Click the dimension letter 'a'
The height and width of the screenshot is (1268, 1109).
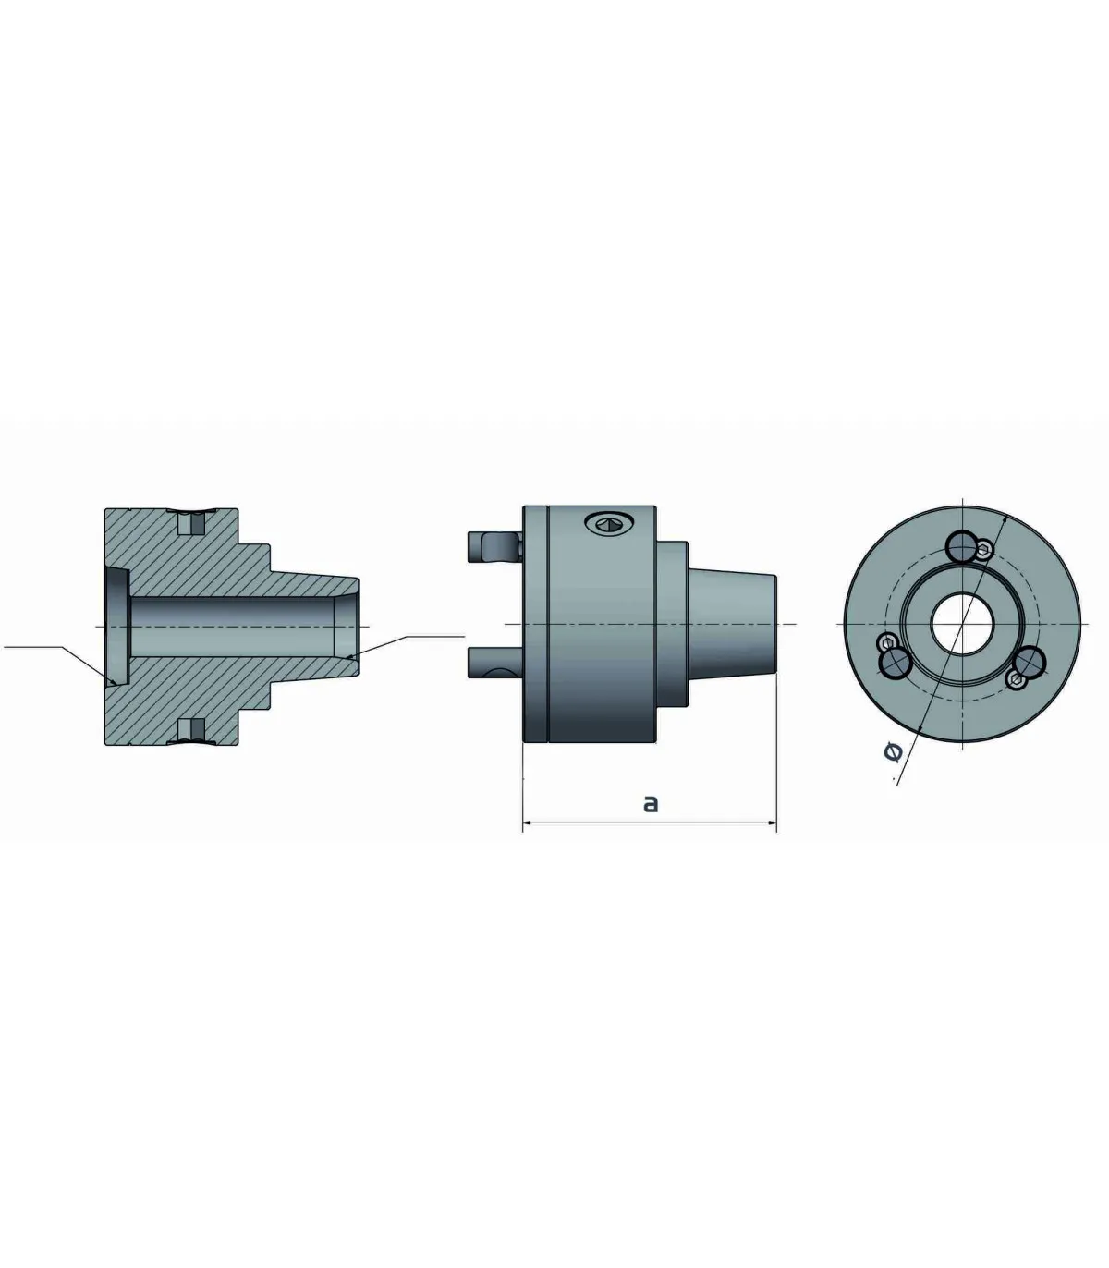[651, 803]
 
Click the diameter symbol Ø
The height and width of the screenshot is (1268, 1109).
[893, 752]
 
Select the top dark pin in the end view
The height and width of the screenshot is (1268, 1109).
[963, 546]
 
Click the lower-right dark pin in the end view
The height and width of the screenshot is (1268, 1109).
[1030, 664]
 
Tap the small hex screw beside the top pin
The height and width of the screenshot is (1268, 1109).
[985, 551]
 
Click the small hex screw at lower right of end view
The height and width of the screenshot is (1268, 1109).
[1017, 681]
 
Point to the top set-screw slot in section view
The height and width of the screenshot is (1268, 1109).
[192, 522]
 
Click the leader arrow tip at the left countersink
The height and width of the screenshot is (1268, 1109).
[115, 682]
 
